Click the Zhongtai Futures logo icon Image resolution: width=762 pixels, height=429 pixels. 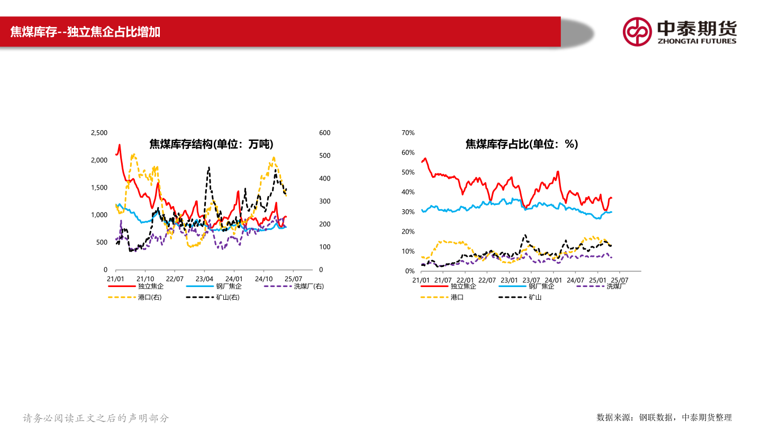(637, 31)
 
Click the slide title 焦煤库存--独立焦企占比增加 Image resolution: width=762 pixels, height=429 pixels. (85, 32)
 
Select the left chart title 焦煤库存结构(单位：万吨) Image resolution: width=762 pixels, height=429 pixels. (211, 144)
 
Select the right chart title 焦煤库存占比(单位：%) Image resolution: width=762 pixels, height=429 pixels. (521, 144)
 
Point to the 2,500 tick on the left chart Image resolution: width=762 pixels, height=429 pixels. (99, 132)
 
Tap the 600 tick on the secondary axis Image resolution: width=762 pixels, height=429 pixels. (325, 132)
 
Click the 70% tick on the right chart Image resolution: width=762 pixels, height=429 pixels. (408, 132)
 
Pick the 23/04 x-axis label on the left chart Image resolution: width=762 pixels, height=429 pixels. (204, 279)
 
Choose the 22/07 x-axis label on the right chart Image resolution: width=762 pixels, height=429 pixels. (487, 280)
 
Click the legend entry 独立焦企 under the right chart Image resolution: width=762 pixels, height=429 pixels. (463, 287)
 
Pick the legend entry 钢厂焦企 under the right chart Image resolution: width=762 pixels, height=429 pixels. (541, 287)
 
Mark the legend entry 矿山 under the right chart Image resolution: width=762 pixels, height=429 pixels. (535, 297)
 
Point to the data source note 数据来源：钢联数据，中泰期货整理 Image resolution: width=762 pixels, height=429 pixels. (664, 417)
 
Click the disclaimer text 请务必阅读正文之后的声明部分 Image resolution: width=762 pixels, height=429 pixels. (96, 418)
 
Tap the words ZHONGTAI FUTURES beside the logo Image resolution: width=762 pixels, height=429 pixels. (696, 41)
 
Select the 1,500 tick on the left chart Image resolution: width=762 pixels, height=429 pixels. (99, 187)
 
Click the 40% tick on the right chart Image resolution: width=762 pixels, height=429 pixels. (408, 192)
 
